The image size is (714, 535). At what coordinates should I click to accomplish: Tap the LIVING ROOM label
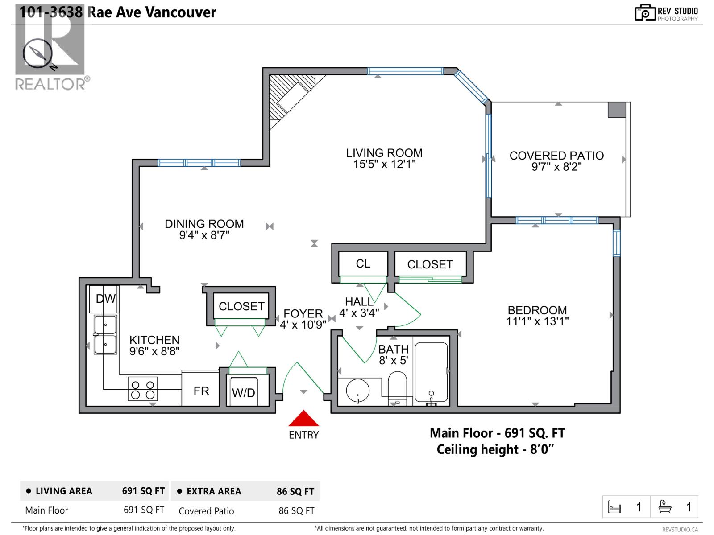click(x=384, y=153)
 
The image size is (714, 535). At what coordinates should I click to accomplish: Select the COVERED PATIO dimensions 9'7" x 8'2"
click(x=556, y=167)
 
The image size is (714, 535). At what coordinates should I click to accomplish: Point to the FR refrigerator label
click(x=201, y=391)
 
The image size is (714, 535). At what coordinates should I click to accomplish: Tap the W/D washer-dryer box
click(x=244, y=392)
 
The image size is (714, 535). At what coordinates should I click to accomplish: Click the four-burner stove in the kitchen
click(x=143, y=389)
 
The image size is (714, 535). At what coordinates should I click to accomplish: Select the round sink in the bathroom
click(x=358, y=391)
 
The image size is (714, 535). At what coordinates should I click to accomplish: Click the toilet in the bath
click(x=397, y=387)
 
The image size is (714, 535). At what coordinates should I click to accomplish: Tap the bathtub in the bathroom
click(x=431, y=373)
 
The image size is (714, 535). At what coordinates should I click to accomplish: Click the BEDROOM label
click(x=537, y=310)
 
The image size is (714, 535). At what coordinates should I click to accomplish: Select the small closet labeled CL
click(x=363, y=264)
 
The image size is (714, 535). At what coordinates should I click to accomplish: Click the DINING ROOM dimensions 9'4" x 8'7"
click(x=204, y=235)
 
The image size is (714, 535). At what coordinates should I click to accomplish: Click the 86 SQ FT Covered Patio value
click(x=296, y=511)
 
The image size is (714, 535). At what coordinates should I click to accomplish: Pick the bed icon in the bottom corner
click(x=614, y=507)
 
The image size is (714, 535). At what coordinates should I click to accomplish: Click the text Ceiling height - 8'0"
click(x=495, y=449)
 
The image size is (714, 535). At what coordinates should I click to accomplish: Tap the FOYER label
click(x=303, y=313)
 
